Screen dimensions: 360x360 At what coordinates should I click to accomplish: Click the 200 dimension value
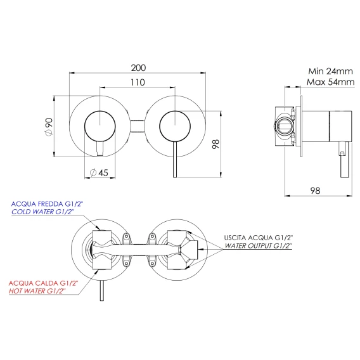coord(138,68)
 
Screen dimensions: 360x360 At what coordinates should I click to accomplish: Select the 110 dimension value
coord(138,82)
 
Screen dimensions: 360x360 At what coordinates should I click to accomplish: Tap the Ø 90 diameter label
coord(49,126)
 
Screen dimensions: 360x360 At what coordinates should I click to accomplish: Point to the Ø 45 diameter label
coord(99,172)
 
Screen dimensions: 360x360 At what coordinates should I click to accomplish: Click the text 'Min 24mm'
coord(330,71)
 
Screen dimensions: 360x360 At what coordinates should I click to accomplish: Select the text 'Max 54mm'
coord(331,82)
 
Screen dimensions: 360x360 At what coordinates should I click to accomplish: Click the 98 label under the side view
coord(315,191)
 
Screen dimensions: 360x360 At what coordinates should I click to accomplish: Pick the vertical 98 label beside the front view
coord(216,144)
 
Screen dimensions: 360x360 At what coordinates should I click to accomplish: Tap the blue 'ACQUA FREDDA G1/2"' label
coord(47,204)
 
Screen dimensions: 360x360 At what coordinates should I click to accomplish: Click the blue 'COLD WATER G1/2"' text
coord(43,212)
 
